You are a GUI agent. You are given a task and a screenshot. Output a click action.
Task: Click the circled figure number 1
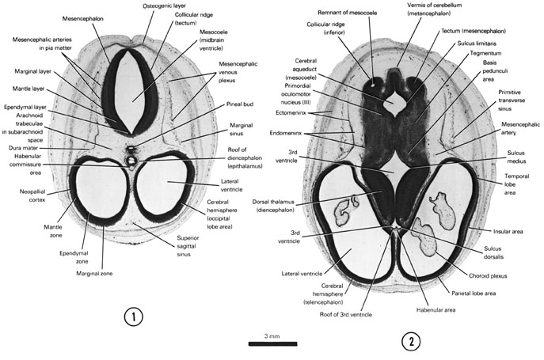(x=134, y=320)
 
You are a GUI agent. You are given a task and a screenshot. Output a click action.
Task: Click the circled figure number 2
(x=411, y=341)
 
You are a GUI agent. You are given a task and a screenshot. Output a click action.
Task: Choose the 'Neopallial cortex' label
(x=32, y=195)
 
